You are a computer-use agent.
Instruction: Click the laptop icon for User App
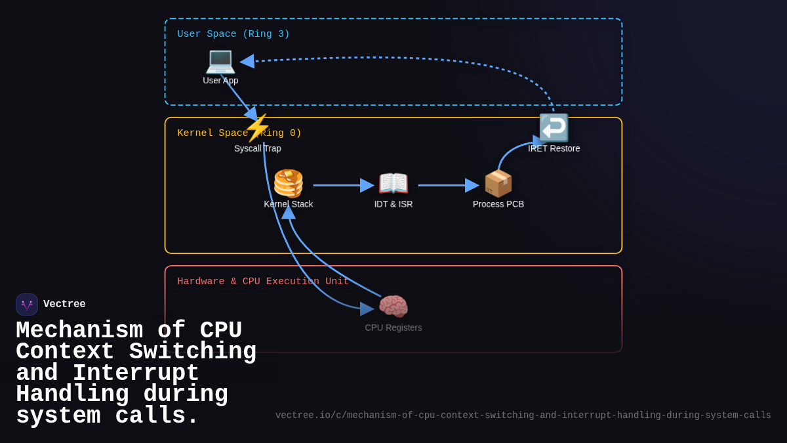point(220,60)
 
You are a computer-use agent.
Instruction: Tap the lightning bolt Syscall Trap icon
point(257,127)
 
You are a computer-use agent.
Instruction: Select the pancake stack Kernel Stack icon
point(289,183)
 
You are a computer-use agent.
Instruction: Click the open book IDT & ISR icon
point(393,183)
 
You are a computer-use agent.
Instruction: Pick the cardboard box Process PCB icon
point(498,183)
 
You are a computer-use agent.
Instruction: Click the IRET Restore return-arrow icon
point(554,127)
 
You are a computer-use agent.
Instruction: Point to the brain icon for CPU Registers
point(393,306)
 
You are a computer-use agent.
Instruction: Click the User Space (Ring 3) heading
point(233,34)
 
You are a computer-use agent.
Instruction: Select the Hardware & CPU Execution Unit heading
point(263,282)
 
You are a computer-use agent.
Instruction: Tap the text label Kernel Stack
point(289,204)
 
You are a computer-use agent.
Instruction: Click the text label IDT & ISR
point(393,204)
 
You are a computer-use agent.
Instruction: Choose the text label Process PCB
point(498,204)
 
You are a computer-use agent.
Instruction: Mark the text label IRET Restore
point(554,148)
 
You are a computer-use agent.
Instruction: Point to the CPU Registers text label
point(393,327)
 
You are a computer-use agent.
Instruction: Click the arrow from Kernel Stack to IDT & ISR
point(341,185)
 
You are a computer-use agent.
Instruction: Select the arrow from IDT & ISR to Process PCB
point(446,185)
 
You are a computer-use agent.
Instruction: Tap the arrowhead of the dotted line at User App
point(247,61)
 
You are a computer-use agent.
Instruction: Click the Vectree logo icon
point(27,305)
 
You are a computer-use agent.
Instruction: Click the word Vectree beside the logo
point(64,305)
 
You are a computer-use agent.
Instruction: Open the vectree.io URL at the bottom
point(523,415)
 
